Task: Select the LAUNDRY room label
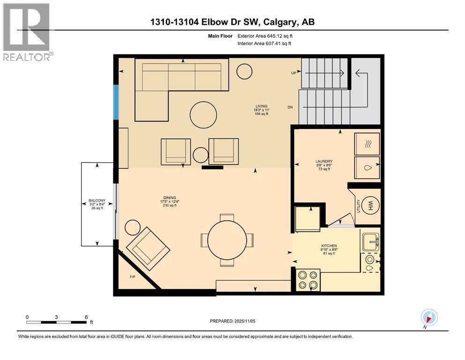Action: tap(324, 161)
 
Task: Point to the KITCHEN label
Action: tap(329, 246)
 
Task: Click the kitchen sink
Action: tap(370, 242)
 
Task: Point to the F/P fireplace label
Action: tap(133, 277)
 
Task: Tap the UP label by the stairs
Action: tap(293, 73)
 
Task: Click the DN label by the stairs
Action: tap(290, 107)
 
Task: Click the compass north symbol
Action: tap(429, 318)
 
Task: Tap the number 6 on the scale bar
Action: tap(86, 317)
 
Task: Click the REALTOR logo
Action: tap(27, 32)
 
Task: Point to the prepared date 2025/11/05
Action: tap(232, 321)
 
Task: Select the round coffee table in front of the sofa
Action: tap(203, 113)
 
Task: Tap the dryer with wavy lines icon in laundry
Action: tap(367, 143)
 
